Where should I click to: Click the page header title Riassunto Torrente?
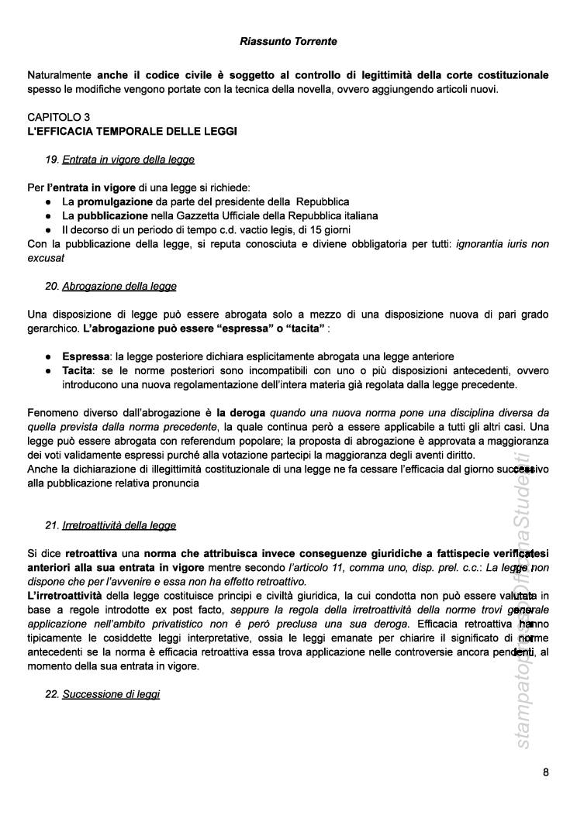pyautogui.click(x=288, y=40)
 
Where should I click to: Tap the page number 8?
pyautogui.click(x=546, y=772)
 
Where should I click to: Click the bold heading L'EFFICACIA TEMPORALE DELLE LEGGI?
pyautogui.click(x=132, y=131)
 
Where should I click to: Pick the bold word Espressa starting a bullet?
pyautogui.click(x=85, y=356)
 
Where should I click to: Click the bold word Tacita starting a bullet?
pyautogui.click(x=78, y=370)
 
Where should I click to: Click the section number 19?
pyautogui.click(x=52, y=160)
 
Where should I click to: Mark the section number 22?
pyautogui.click(x=52, y=694)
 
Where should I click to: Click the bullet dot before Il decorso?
pyautogui.click(x=49, y=230)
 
